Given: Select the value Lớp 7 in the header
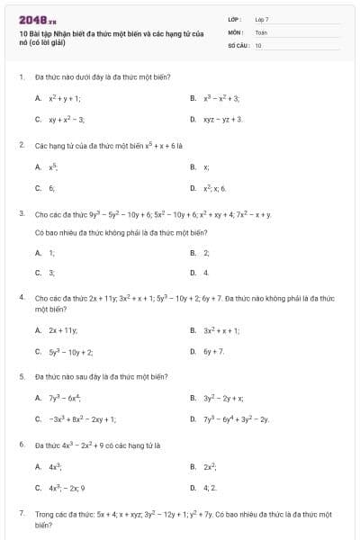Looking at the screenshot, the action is click(x=261, y=19).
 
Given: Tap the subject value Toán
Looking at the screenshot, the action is click(x=261, y=31).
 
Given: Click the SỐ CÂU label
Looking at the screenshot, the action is click(x=238, y=44).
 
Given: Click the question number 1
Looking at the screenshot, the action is click(x=21, y=77).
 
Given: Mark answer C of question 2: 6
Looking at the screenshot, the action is click(x=51, y=188).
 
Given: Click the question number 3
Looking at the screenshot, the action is click(x=21, y=215).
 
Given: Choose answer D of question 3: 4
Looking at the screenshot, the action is click(x=206, y=272).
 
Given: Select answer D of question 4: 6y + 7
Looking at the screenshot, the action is click(x=213, y=351).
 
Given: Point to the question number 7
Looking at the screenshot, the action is click(x=21, y=513).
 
